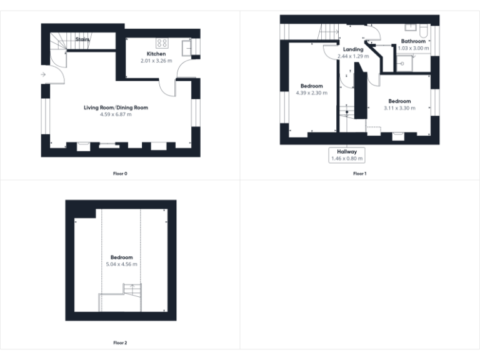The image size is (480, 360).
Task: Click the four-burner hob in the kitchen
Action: (x=162, y=43)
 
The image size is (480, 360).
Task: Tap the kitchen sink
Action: (x=186, y=46)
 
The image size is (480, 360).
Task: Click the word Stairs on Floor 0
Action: (x=82, y=39)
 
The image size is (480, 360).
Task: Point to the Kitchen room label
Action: (x=156, y=54)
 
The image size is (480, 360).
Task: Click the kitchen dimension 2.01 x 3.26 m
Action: (x=156, y=61)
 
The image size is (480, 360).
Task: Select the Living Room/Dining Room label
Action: (x=116, y=107)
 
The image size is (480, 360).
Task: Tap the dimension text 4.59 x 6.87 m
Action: (x=116, y=114)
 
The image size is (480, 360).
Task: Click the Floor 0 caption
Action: (x=120, y=173)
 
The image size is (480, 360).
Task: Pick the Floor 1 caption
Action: (x=359, y=173)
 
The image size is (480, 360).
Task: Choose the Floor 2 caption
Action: (x=120, y=342)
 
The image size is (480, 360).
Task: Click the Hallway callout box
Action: (x=346, y=155)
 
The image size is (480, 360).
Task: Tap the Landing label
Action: (x=353, y=49)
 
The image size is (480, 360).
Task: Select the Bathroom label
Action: (x=413, y=41)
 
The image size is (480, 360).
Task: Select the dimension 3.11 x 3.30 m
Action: (x=399, y=108)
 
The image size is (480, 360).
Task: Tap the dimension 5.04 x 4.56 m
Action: (x=121, y=264)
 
